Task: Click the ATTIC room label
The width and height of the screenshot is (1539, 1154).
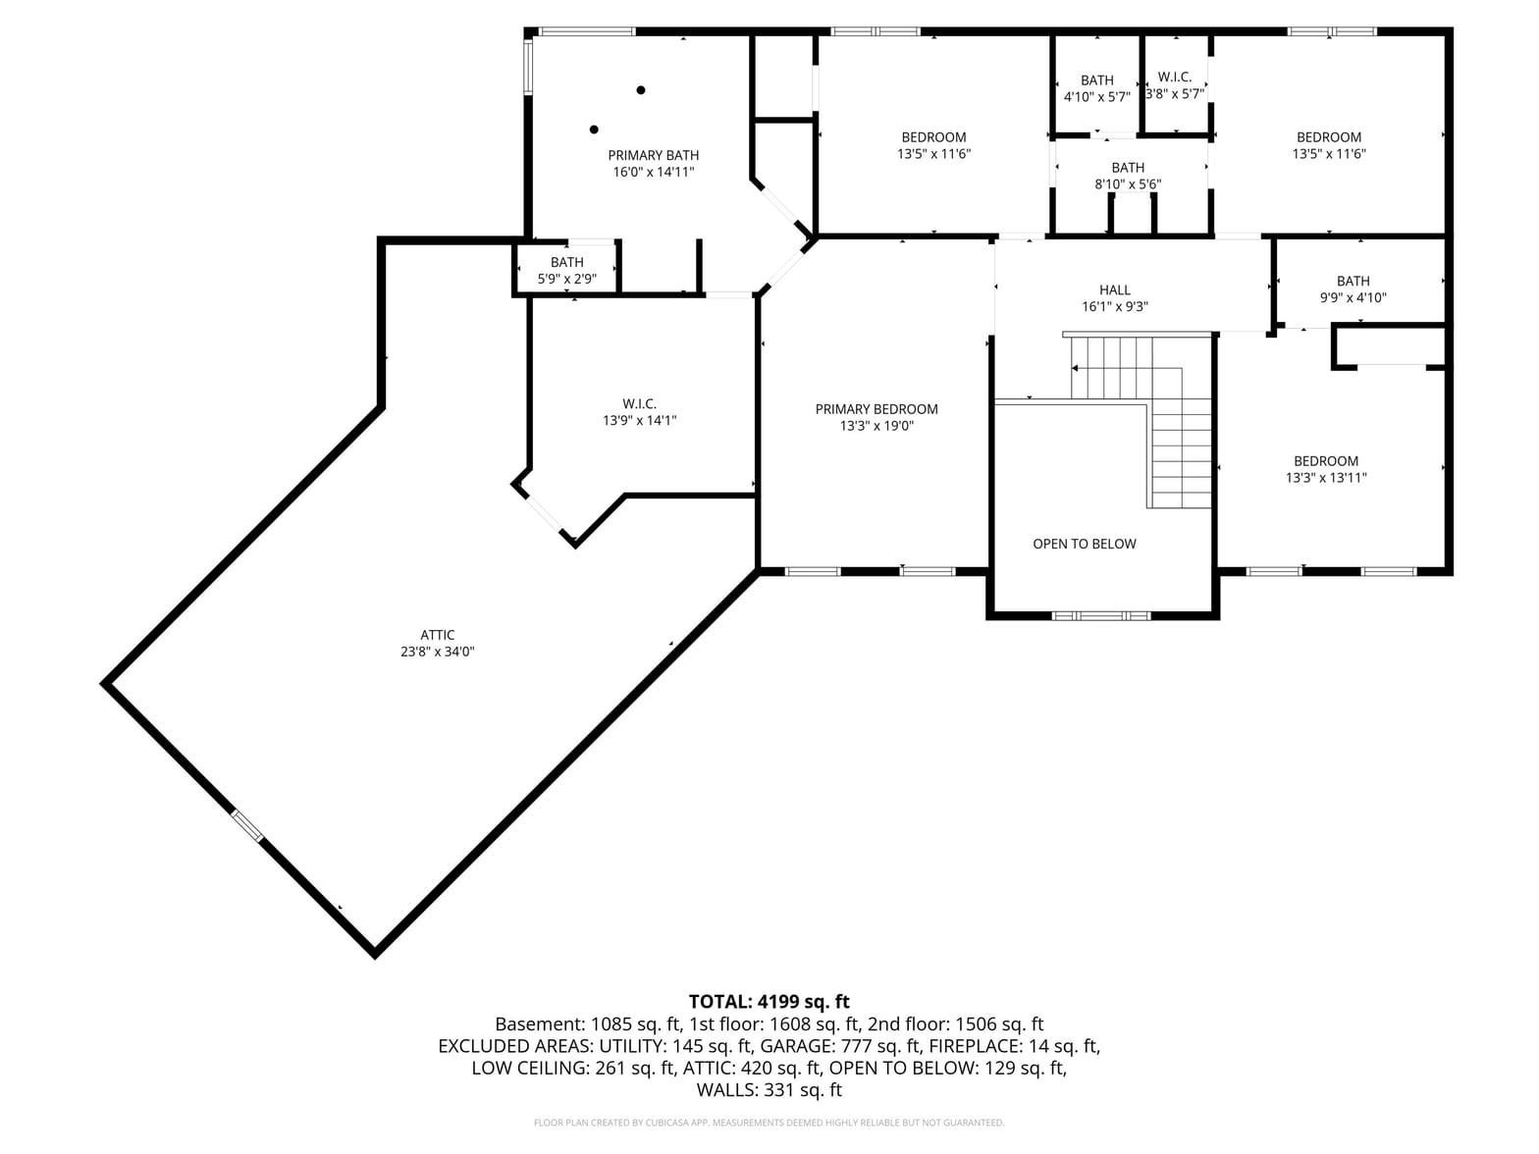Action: (437, 635)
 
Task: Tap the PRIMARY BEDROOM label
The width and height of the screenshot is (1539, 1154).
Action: (876, 409)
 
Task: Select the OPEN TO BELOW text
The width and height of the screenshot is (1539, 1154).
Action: (1084, 544)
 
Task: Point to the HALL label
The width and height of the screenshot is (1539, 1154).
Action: (1114, 290)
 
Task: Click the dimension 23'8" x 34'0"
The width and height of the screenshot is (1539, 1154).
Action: (438, 652)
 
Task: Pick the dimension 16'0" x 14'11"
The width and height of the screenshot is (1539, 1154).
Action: (654, 173)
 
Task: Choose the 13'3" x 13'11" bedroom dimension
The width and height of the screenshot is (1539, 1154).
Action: (1326, 478)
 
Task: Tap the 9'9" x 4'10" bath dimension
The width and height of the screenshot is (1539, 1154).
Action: (1353, 297)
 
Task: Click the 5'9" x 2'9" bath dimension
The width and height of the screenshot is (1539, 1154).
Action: (566, 279)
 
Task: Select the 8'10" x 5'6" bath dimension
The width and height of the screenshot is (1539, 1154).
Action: (1128, 184)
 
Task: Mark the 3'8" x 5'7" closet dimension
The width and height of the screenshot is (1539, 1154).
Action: (1175, 94)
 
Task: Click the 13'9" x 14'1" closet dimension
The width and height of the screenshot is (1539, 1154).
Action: (639, 420)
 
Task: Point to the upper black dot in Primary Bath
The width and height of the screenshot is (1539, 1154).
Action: (640, 89)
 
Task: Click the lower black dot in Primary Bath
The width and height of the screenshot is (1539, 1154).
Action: (594, 130)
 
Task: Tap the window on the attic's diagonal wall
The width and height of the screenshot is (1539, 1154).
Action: (247, 826)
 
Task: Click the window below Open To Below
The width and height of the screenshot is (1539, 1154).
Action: (1101, 616)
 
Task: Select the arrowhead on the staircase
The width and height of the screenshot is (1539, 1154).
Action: (1074, 368)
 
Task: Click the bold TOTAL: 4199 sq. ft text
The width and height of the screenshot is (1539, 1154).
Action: (769, 1001)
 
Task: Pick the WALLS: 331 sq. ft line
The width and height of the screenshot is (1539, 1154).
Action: (769, 1090)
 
